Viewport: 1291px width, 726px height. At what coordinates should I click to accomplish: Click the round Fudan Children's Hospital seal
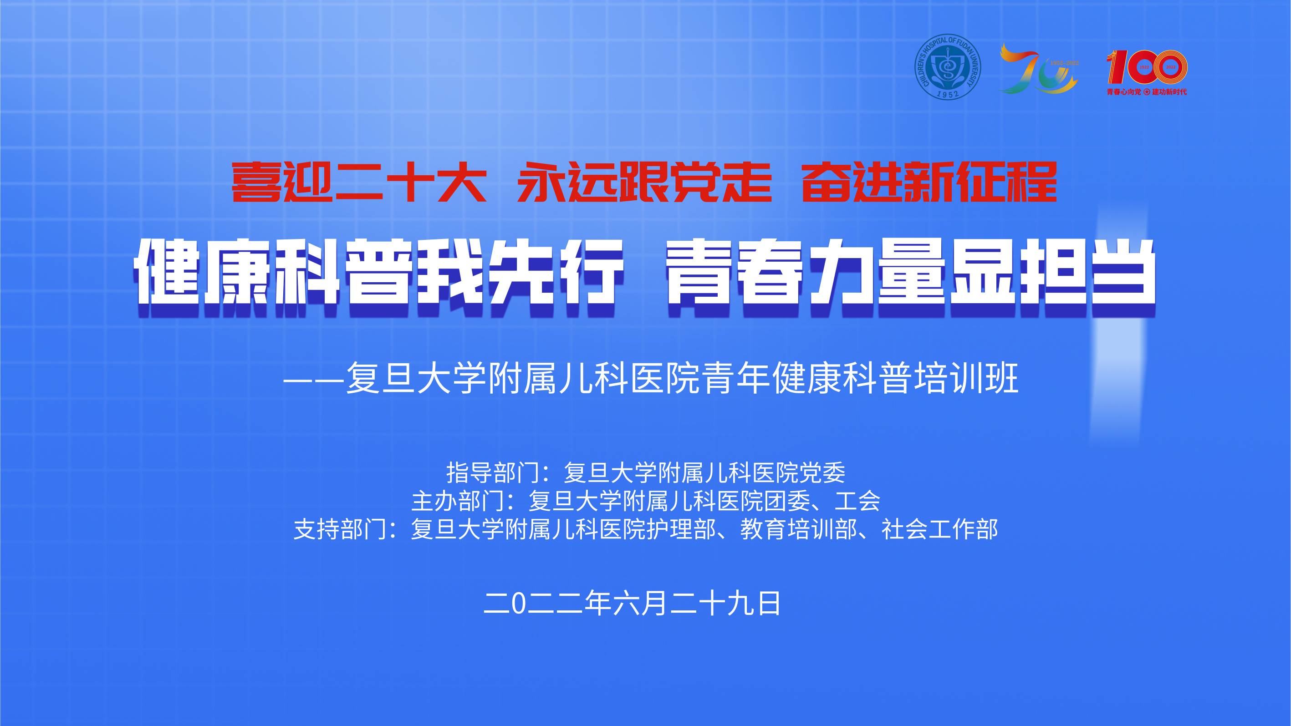pyautogui.click(x=947, y=66)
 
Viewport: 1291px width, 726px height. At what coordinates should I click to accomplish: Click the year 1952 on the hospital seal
pyautogui.click(x=948, y=93)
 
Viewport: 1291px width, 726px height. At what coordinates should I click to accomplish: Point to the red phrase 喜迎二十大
pyautogui.click(x=359, y=182)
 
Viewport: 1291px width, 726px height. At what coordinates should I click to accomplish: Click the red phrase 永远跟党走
pyautogui.click(x=644, y=182)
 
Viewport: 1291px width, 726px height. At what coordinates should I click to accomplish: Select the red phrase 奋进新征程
pyautogui.click(x=930, y=182)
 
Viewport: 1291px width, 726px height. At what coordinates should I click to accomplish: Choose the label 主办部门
pyautogui.click(x=458, y=501)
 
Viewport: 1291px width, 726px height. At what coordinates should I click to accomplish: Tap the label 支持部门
pyautogui.click(x=340, y=529)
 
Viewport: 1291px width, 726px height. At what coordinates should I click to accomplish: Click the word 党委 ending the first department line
pyautogui.click(x=822, y=472)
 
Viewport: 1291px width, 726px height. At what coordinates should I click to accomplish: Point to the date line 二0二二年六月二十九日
pyautogui.click(x=632, y=603)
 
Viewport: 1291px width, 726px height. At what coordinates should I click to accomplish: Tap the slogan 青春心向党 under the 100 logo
pyautogui.click(x=1123, y=91)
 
